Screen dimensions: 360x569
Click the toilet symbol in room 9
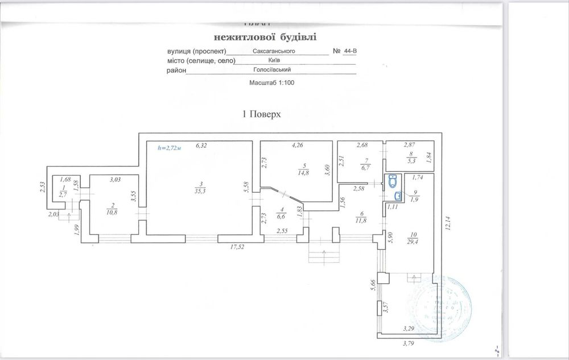[x=393, y=182]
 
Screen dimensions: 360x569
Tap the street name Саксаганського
[x=274, y=51]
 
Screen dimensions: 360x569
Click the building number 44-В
[x=351, y=51]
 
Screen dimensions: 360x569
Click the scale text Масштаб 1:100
[x=271, y=83]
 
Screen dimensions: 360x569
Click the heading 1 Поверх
[x=262, y=114]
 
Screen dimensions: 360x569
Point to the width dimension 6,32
[x=201, y=146]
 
